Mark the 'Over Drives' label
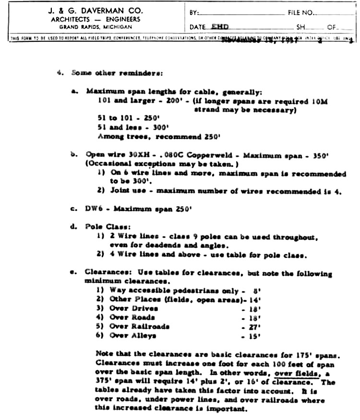click(133, 309)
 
